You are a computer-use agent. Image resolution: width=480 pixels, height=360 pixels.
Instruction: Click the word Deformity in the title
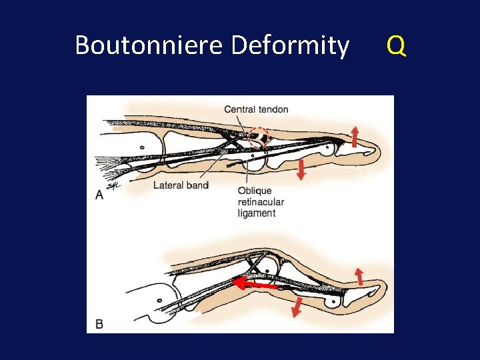(x=290, y=45)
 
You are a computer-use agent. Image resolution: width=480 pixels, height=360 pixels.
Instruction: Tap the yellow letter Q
(x=396, y=45)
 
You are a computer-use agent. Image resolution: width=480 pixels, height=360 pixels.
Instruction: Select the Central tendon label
(x=256, y=109)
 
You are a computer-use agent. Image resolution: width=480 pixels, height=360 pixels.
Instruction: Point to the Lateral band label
(x=181, y=185)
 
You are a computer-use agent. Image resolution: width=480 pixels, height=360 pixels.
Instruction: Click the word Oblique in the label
(x=254, y=192)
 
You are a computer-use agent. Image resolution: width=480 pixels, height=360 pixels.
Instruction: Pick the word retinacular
(x=261, y=203)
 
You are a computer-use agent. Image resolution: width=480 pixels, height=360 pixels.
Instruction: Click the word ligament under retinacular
(x=257, y=213)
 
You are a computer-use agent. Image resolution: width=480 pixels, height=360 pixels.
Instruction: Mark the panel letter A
(x=99, y=195)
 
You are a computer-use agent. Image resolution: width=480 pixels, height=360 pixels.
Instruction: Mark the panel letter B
(x=99, y=325)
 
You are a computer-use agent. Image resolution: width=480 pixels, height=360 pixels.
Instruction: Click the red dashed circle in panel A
(x=257, y=138)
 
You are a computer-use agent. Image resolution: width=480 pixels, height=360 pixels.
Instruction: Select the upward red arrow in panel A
(x=354, y=136)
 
